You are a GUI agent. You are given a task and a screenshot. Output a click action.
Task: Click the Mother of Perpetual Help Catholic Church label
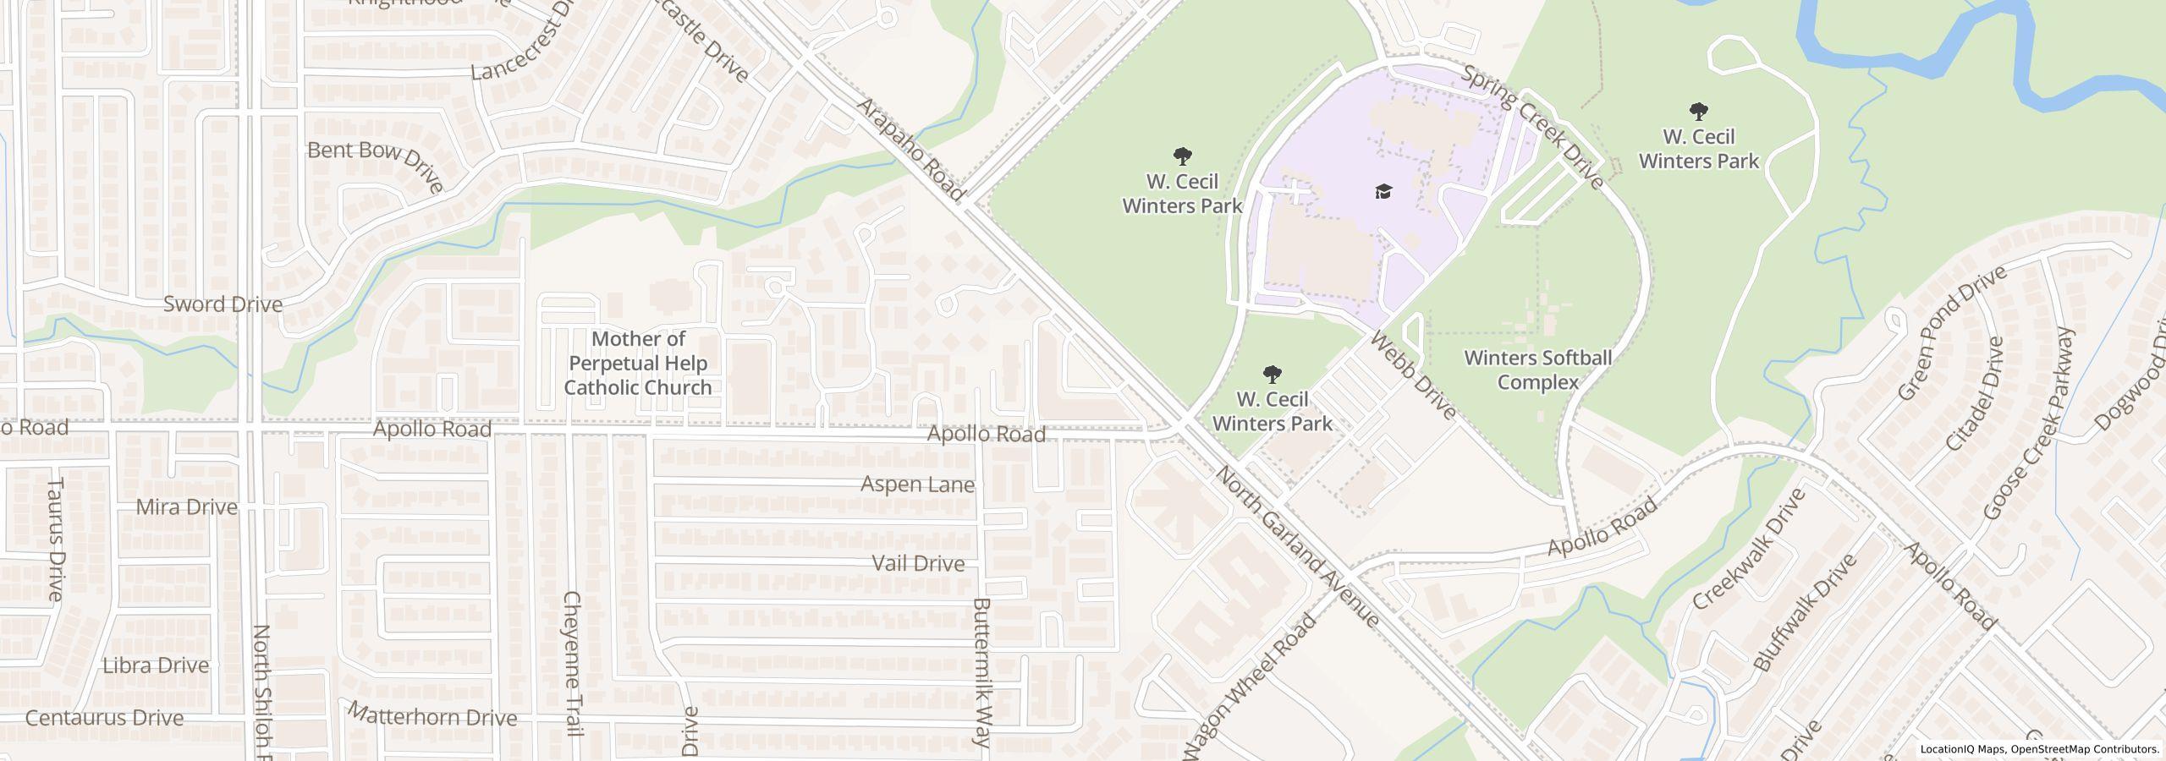(638, 364)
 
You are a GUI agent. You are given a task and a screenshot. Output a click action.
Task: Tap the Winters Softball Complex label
(1537, 370)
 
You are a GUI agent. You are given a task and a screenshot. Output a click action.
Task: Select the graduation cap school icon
(1383, 191)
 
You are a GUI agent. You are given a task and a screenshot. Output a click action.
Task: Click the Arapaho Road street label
(910, 151)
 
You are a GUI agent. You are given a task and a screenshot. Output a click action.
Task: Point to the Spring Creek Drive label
(1532, 127)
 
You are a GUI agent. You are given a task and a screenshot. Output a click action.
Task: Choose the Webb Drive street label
(1412, 375)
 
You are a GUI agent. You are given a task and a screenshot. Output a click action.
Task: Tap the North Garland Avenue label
(1297, 545)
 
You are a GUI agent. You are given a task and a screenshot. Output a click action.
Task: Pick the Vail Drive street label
(918, 563)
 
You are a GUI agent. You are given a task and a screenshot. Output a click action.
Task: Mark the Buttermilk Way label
(981, 673)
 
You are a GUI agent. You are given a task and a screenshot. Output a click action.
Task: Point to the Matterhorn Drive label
(432, 716)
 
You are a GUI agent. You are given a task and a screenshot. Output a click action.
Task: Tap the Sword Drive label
(223, 304)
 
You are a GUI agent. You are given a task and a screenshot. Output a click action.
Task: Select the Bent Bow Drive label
(376, 165)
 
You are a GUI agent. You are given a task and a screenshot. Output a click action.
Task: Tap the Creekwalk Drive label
(1750, 548)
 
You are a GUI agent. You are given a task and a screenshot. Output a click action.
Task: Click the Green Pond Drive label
(1951, 333)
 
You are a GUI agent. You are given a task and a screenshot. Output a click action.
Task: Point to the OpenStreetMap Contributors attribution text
(2084, 749)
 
